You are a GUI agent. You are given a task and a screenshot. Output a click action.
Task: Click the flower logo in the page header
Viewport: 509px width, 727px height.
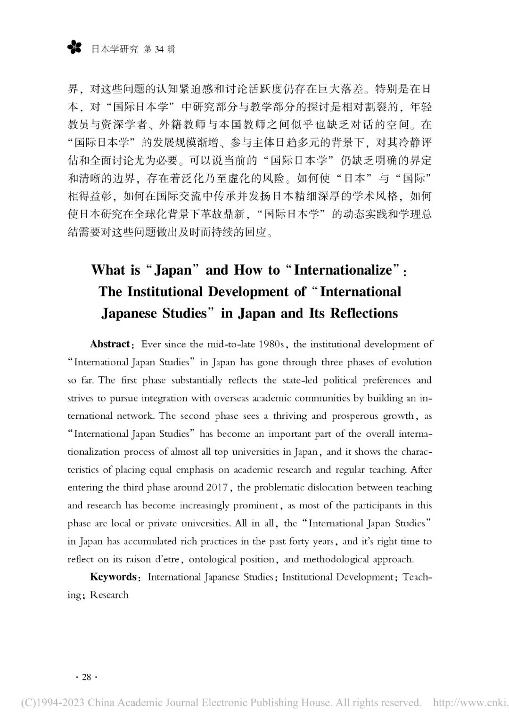point(74,48)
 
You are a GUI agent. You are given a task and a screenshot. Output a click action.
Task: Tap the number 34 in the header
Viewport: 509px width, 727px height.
point(158,49)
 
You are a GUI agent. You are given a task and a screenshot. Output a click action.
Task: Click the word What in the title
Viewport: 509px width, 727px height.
point(108,270)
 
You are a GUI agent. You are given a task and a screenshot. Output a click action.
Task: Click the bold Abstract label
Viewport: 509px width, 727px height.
point(110,344)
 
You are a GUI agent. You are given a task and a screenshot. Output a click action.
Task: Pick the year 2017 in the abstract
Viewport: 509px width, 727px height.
point(218,487)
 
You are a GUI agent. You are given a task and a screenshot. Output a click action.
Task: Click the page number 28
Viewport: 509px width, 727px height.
point(87,677)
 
